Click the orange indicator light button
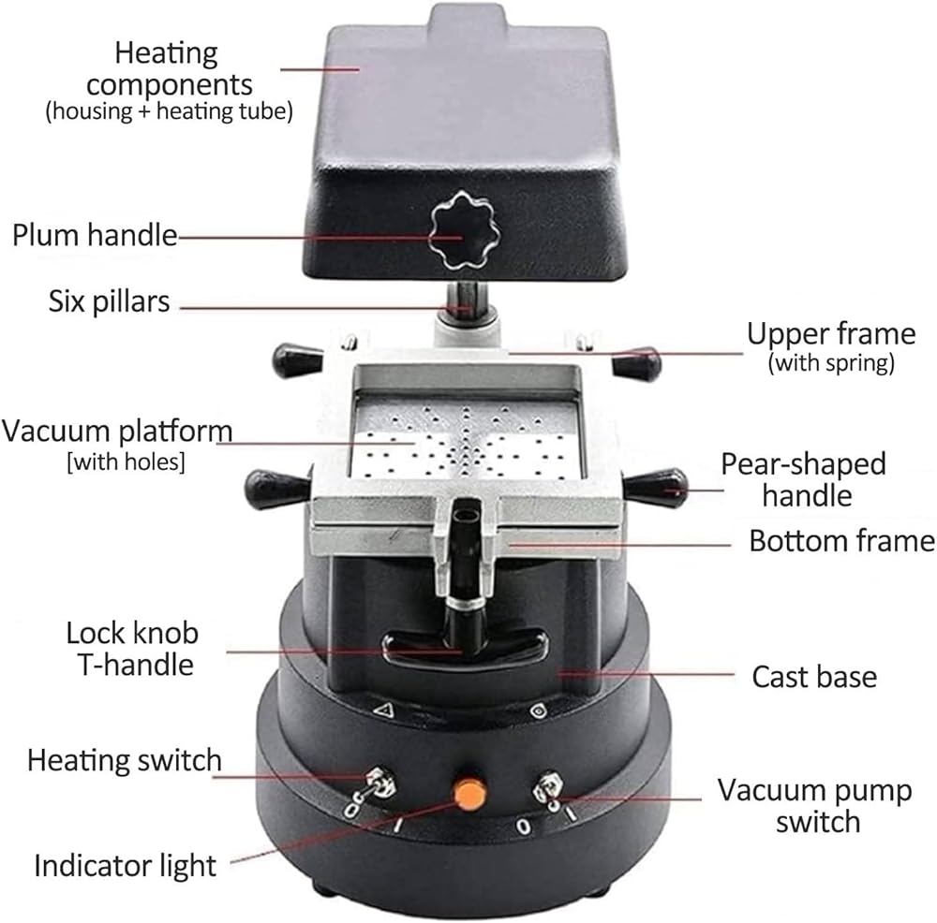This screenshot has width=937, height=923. pyautogui.click(x=469, y=794)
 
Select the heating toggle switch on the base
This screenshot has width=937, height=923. pyautogui.click(x=380, y=783)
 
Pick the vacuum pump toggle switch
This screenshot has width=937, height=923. pyautogui.click(x=547, y=787)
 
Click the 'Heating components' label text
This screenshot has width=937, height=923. pyautogui.click(x=169, y=68)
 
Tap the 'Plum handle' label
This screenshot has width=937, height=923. pyautogui.click(x=95, y=235)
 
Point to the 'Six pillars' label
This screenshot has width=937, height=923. pyautogui.click(x=110, y=301)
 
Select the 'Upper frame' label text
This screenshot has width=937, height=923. pyautogui.click(x=831, y=334)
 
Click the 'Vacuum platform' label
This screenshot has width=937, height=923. pyautogui.click(x=117, y=431)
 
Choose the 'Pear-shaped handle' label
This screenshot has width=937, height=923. pyautogui.click(x=804, y=480)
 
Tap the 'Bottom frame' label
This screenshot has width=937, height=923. pyautogui.click(x=842, y=541)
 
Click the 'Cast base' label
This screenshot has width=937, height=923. pyautogui.click(x=814, y=677)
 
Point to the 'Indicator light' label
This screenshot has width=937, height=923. pyautogui.click(x=125, y=866)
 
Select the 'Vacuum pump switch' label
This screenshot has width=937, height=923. pyautogui.click(x=815, y=805)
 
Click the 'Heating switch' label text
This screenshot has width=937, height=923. pyautogui.click(x=125, y=761)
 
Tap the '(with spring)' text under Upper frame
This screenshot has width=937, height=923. pyautogui.click(x=831, y=363)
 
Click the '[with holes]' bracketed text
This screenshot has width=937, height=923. pyautogui.click(x=126, y=461)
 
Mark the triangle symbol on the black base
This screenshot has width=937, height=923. pyautogui.click(x=383, y=710)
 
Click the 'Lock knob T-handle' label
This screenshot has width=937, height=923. pyautogui.click(x=132, y=649)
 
